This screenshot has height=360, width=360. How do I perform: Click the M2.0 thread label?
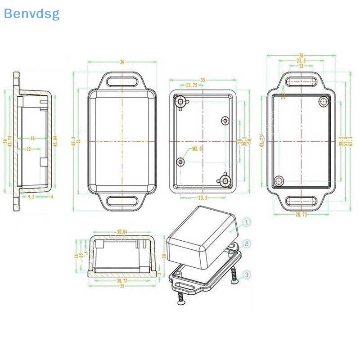point(197,148)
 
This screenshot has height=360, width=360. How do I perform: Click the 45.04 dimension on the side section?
point(55,141)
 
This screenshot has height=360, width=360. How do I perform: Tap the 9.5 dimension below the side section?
point(31,197)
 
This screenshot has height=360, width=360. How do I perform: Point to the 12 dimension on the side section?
point(28,148)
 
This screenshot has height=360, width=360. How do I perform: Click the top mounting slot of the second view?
point(122,81)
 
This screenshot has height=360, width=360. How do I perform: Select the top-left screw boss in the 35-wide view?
point(181,102)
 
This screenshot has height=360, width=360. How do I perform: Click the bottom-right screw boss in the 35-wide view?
point(224,180)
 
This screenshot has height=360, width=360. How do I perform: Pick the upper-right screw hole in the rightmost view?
point(323,101)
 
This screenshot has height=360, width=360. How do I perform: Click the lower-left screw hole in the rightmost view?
point(279,180)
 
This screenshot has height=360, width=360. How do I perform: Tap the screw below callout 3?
point(234,275)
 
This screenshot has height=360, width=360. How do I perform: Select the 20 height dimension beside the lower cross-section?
point(164,256)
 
